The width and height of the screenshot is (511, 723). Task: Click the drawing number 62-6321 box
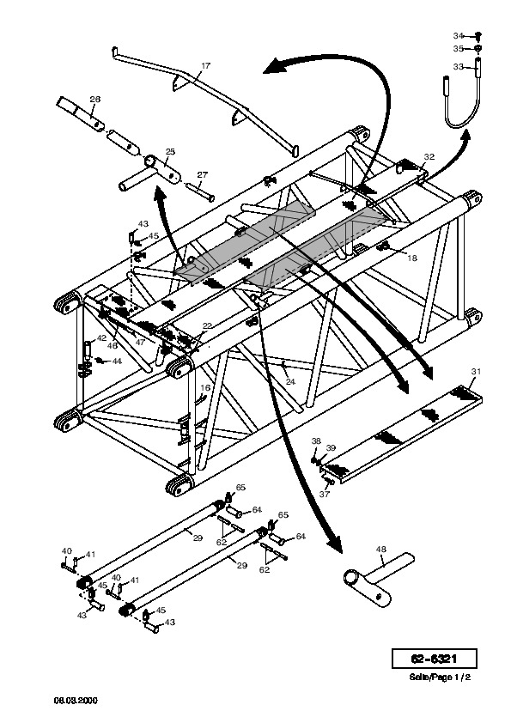point(434,659)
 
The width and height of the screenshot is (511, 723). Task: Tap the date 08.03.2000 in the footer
point(76,701)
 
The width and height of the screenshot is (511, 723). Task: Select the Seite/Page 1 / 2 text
point(440,677)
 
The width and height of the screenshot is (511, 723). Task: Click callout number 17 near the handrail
point(206,66)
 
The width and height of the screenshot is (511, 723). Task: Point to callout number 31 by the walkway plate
point(476,371)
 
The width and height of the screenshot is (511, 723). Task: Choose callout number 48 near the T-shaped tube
point(381,550)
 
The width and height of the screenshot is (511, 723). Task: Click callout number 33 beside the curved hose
point(458,67)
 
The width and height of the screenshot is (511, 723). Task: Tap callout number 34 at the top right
point(458,35)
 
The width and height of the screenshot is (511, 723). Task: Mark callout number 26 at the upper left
point(95,99)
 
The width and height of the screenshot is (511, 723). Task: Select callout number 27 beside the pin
point(203,175)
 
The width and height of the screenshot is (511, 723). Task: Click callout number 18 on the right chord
point(412,258)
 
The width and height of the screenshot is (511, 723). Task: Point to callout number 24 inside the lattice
point(290,382)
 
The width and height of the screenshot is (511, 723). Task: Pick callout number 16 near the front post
point(205,388)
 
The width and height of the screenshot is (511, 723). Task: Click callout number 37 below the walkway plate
point(325,494)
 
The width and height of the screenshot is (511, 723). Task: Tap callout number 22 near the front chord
point(207,326)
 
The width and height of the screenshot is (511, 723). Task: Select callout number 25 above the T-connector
point(170,152)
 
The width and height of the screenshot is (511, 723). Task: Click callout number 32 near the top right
point(429,157)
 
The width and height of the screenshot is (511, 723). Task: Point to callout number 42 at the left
point(101,338)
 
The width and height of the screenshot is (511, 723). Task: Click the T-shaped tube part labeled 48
point(379,579)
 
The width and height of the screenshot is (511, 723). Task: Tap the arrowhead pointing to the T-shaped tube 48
point(335,545)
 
